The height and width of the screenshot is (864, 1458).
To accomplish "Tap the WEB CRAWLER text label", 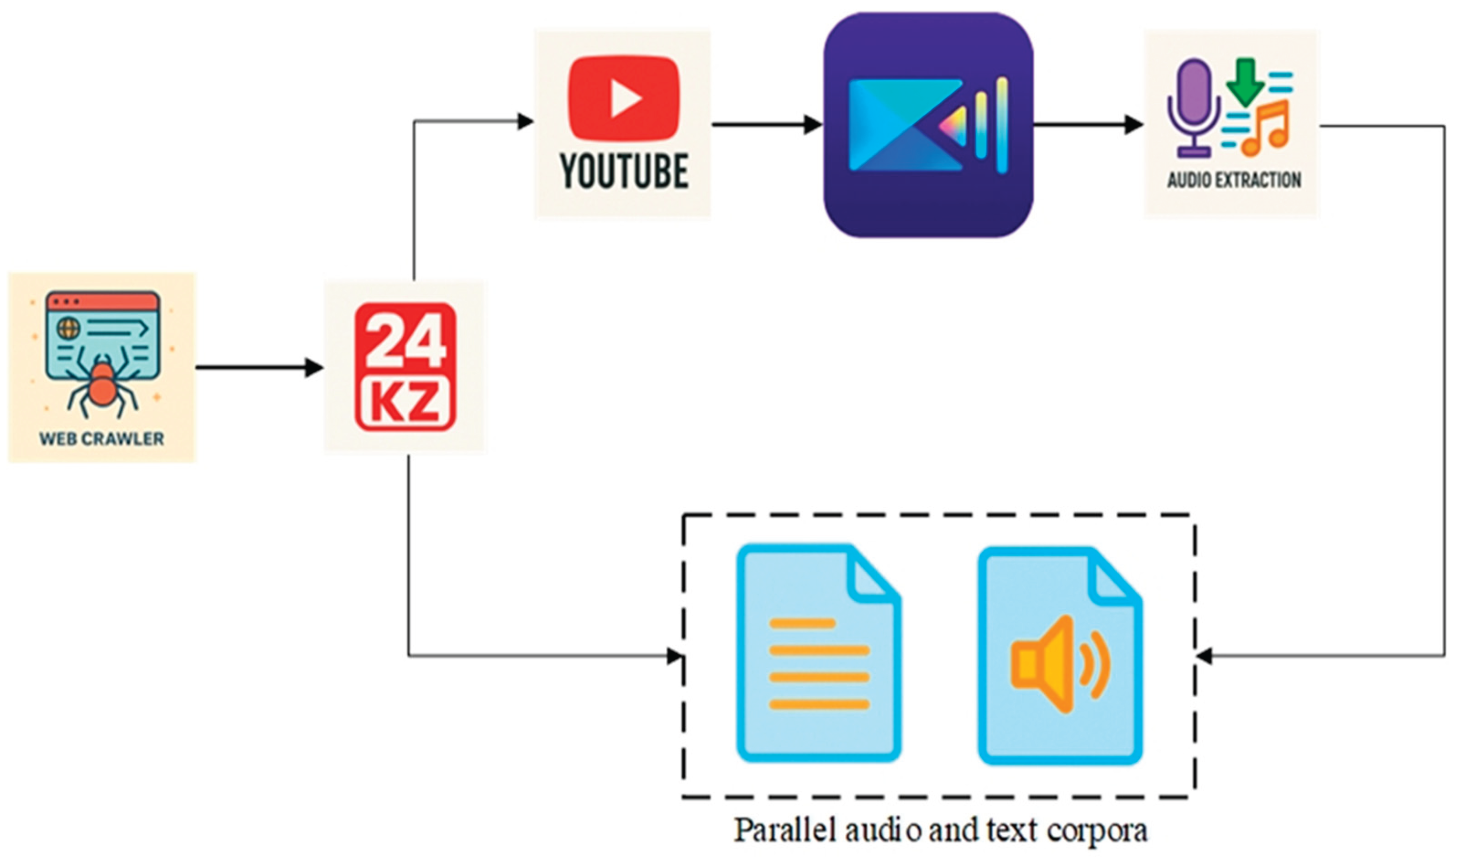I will point(102,439).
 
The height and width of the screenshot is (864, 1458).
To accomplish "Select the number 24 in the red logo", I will point(405,339).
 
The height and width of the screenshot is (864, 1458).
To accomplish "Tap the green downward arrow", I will point(1245,81).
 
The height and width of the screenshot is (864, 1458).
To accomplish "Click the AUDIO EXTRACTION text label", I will point(1234,180).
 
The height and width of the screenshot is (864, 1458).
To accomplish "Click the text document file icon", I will point(819,652).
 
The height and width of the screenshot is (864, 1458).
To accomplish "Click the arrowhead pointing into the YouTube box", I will point(526,121).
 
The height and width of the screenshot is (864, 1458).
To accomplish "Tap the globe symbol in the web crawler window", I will point(68,329).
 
